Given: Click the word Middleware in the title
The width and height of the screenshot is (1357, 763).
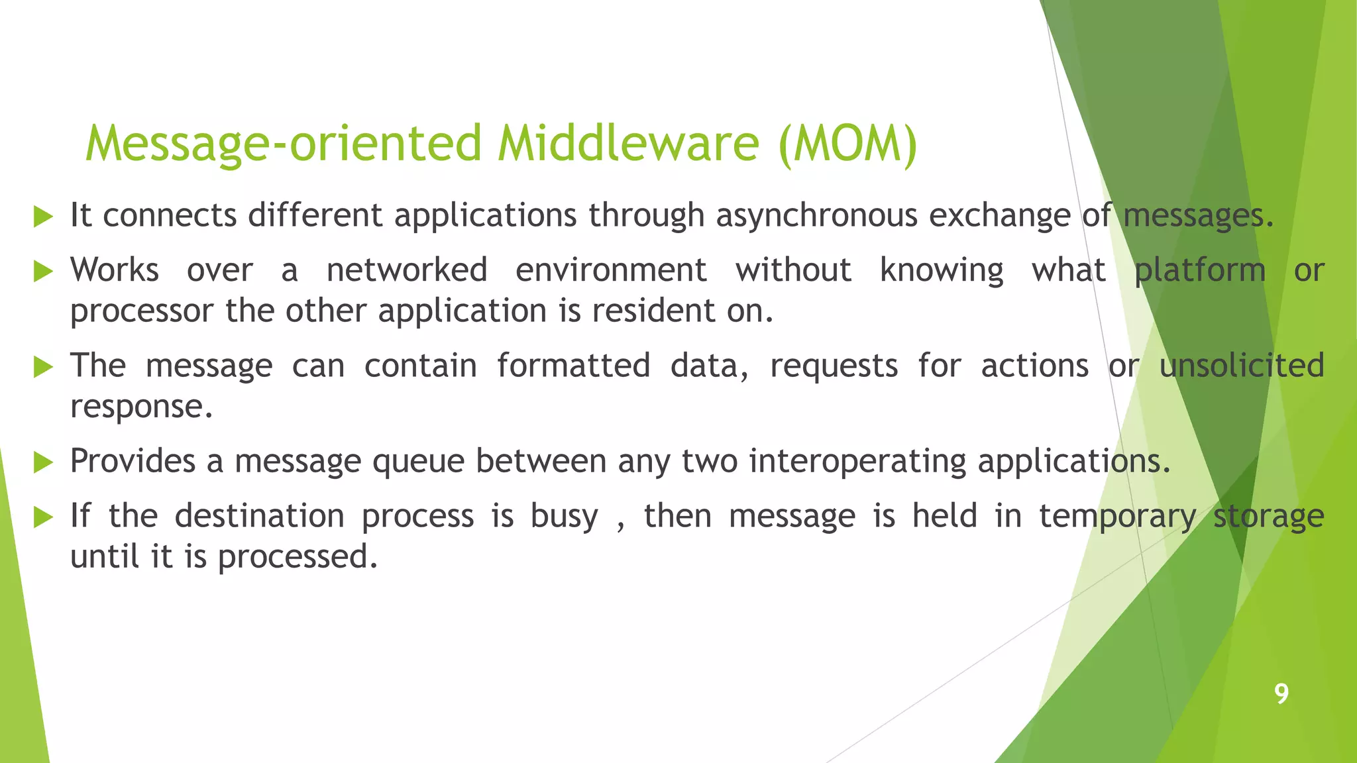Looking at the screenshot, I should pos(627,144).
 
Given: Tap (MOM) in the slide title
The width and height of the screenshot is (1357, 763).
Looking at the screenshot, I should pos(848,144).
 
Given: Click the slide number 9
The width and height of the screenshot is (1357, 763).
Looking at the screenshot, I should pos(1281,693).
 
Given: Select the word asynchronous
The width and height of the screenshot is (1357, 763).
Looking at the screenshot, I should pos(816,216).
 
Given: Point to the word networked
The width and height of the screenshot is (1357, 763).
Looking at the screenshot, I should pos(407,270).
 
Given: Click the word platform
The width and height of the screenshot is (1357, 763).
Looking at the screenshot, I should pos(1200,270).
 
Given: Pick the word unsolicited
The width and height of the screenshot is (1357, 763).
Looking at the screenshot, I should pos(1241,366).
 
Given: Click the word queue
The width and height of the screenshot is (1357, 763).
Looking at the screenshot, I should pos(418,462).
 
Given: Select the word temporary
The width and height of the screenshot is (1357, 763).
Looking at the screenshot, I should pos(1117,517).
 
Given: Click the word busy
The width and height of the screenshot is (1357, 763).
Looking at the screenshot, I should pos(564,517).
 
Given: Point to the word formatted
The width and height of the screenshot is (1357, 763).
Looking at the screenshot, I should pos(573,366).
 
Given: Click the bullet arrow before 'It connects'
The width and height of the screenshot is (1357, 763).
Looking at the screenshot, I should pos(43,217).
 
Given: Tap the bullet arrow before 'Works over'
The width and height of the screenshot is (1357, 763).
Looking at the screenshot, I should pos(43,271).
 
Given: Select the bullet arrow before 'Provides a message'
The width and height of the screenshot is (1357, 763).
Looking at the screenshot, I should pos(43,462).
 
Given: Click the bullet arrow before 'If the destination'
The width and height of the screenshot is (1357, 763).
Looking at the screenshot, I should pos(43,517).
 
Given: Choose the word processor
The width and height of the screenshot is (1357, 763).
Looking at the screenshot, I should pos(142,311).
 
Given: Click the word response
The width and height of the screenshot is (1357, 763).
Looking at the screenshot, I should pos(141,407).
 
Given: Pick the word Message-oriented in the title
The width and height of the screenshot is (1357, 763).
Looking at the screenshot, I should pos(284,144).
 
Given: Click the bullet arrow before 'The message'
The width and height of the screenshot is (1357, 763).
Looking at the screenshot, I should pos(43,366).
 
